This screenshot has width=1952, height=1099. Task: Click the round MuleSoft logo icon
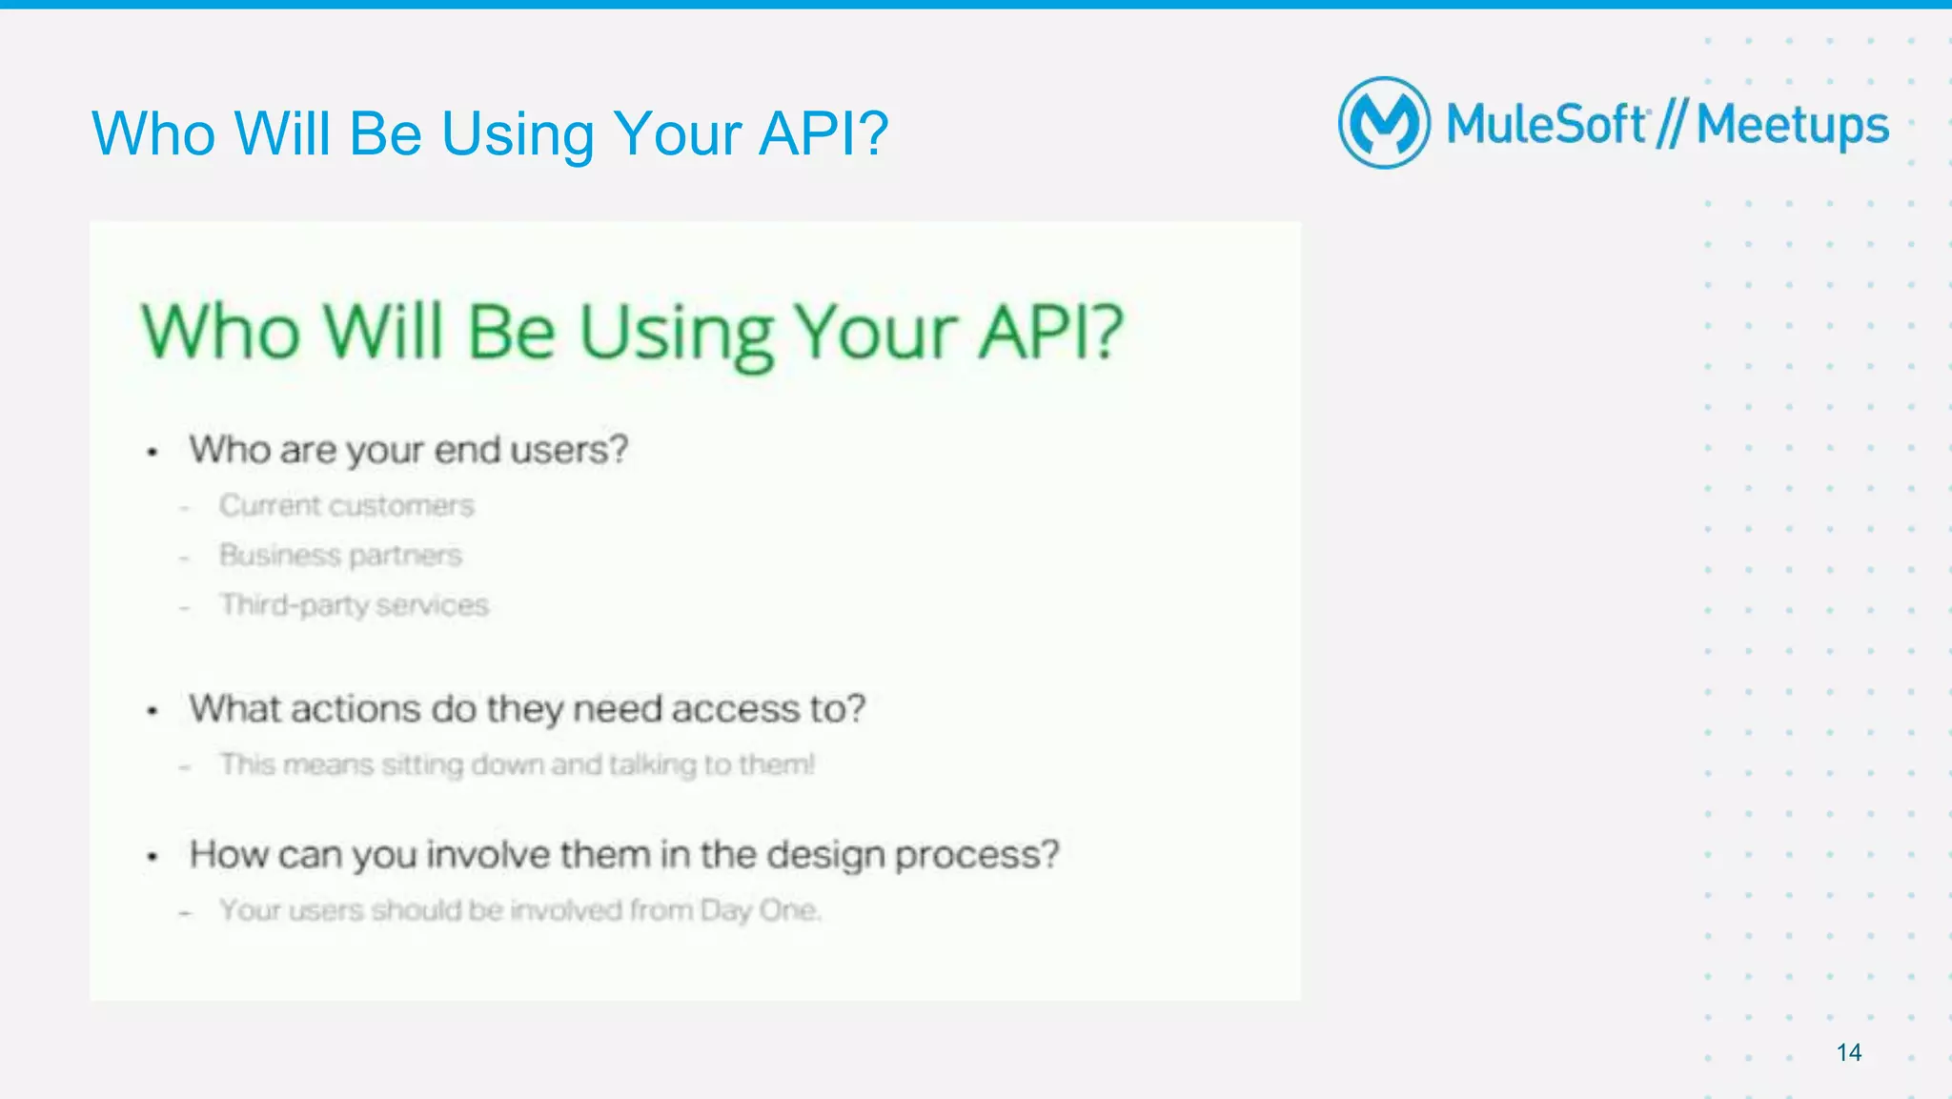(x=1384, y=123)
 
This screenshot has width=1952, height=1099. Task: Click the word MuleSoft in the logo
(x=1546, y=125)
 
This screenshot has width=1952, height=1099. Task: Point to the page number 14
(x=1848, y=1052)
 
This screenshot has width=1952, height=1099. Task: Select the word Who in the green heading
(x=220, y=333)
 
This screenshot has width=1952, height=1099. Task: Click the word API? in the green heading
(x=1052, y=333)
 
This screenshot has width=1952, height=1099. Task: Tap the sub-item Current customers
(x=346, y=505)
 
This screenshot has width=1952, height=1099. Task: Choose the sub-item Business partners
(x=340, y=555)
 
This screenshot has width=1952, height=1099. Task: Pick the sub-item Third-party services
(x=354, y=605)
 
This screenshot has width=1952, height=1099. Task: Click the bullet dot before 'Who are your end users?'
(x=152, y=452)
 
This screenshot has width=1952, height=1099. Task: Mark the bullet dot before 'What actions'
(x=152, y=711)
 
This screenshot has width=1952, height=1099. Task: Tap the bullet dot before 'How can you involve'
(x=152, y=857)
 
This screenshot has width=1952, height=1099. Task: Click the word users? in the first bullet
(x=569, y=450)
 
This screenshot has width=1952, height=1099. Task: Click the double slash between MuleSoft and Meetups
(x=1671, y=125)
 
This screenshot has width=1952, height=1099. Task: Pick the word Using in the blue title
(x=518, y=133)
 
